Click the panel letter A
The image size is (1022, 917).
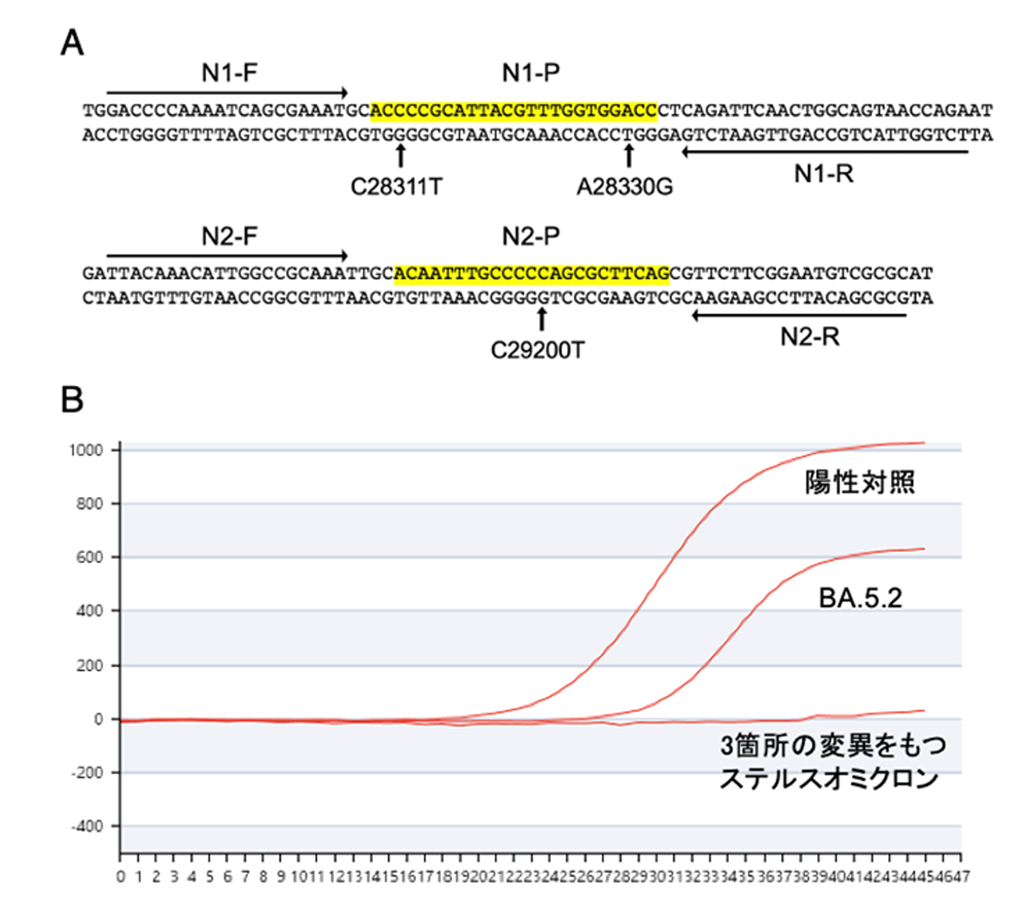(x=72, y=42)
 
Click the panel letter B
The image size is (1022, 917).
(x=72, y=398)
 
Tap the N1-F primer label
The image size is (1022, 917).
(x=229, y=73)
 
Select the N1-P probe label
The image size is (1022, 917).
(x=531, y=73)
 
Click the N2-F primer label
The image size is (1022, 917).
(x=229, y=237)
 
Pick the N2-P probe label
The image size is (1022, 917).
(x=531, y=237)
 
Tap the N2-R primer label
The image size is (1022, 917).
(x=809, y=337)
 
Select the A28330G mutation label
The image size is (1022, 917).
(x=624, y=186)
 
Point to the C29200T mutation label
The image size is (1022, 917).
(x=537, y=350)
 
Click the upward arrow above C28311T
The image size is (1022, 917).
(x=400, y=156)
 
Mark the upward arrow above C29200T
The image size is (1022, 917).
(x=541, y=319)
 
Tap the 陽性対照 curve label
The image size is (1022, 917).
(x=860, y=483)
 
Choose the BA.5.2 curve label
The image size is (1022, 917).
(x=860, y=598)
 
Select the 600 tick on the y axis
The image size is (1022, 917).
(x=89, y=557)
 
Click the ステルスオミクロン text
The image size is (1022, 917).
(x=829, y=778)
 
